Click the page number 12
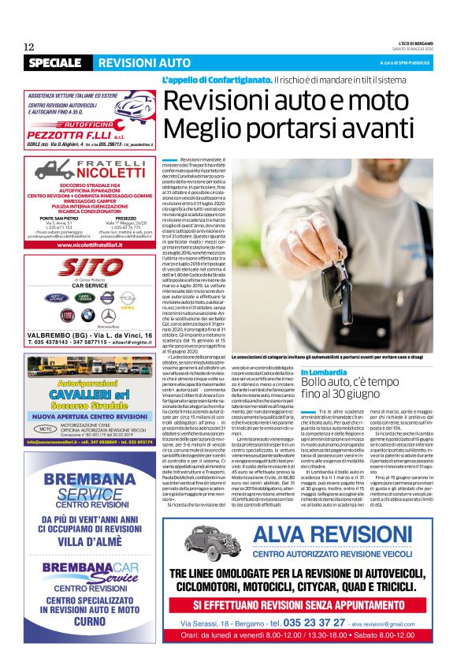pos(28,47)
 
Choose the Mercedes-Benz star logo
pos(107,315)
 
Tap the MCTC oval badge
pos(47,407)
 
